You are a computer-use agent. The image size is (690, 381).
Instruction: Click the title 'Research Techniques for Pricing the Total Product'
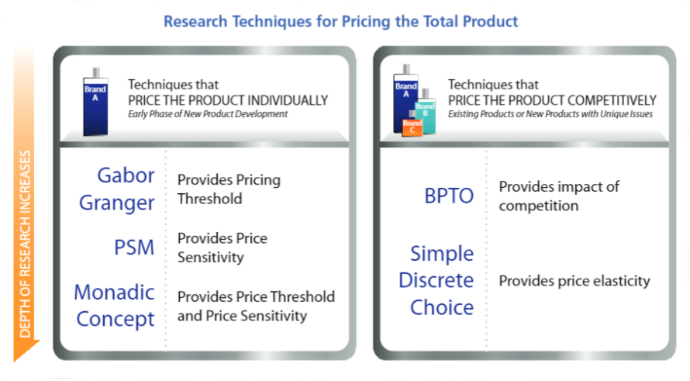click(x=340, y=21)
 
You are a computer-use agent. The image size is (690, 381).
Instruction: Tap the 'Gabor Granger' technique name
click(x=126, y=189)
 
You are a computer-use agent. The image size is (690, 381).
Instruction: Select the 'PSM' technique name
click(x=133, y=248)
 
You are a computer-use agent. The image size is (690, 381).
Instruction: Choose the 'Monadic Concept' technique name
click(x=115, y=305)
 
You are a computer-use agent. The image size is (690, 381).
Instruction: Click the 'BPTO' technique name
click(x=449, y=196)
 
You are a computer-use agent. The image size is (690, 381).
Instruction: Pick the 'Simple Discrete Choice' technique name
click(x=441, y=280)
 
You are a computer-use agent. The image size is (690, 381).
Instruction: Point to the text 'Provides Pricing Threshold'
click(x=229, y=189)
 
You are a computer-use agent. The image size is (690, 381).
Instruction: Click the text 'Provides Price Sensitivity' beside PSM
click(x=222, y=248)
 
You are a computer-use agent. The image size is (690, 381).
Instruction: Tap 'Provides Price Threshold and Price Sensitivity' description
click(x=256, y=306)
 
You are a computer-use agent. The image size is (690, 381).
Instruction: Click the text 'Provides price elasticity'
click(x=574, y=281)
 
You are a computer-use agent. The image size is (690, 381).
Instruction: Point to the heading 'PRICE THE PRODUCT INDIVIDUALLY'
click(x=228, y=100)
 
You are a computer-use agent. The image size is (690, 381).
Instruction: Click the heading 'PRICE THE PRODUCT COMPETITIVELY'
click(x=552, y=100)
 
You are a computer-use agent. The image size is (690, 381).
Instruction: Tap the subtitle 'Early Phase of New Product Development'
click(x=208, y=114)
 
